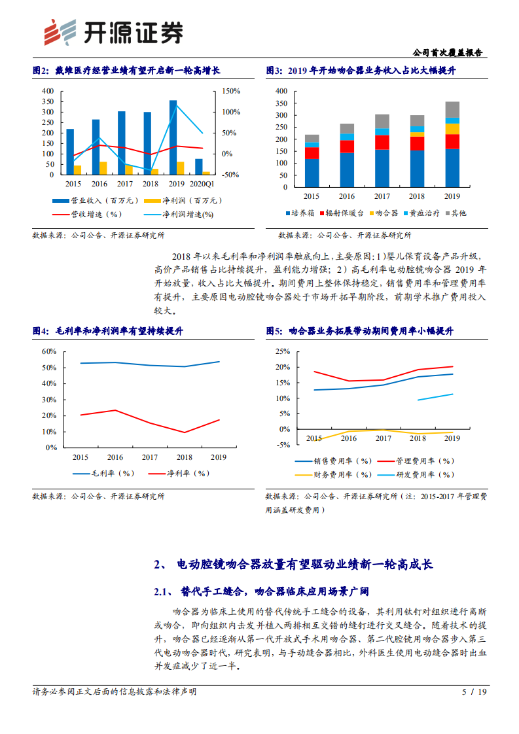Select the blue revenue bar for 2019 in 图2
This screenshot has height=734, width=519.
(x=173, y=137)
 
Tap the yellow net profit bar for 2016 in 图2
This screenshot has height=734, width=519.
(x=103, y=168)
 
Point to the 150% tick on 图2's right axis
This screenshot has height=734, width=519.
(x=232, y=91)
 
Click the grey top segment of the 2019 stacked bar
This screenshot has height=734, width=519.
(x=452, y=109)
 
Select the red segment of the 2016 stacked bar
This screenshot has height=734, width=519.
(x=347, y=147)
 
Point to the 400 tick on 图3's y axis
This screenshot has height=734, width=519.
(x=282, y=91)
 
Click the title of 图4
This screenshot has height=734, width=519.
(x=108, y=332)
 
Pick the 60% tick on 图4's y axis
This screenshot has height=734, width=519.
(x=49, y=351)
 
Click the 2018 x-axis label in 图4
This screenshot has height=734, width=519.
(x=185, y=457)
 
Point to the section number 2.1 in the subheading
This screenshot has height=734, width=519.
(x=162, y=592)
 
